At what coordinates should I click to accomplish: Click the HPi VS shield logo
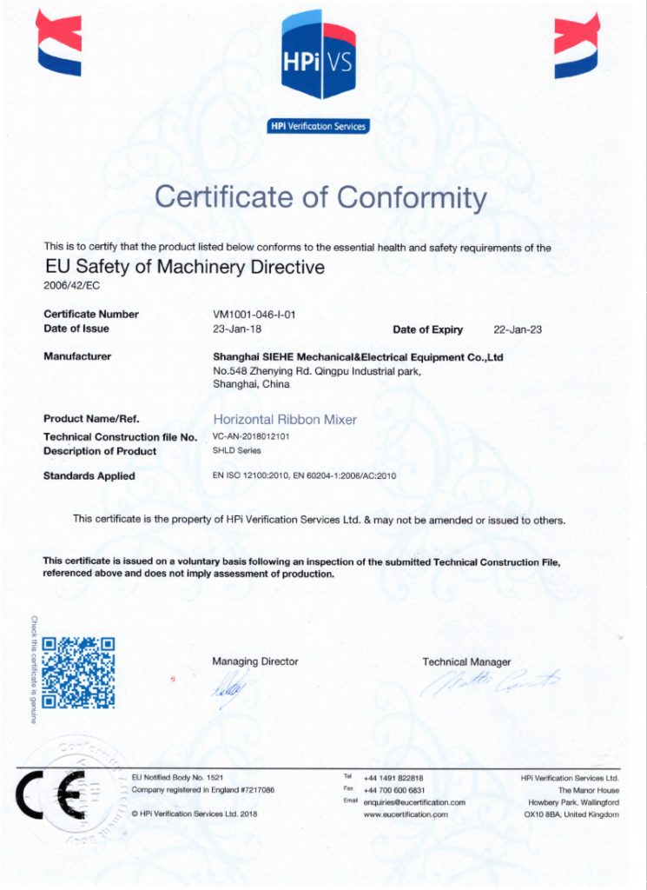(x=319, y=54)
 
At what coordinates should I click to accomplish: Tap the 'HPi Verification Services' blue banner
(x=319, y=127)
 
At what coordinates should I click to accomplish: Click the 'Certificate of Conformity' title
(x=320, y=197)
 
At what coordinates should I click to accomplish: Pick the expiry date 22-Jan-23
(x=518, y=329)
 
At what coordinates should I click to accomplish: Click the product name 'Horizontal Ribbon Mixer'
(x=285, y=419)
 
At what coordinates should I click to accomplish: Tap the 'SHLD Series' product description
(x=236, y=451)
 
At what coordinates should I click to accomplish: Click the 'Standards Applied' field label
(x=89, y=476)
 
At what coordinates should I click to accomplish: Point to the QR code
(x=78, y=673)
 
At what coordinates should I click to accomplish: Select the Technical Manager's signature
(x=492, y=683)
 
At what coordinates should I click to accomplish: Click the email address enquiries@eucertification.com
(x=414, y=802)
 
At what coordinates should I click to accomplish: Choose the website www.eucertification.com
(x=406, y=814)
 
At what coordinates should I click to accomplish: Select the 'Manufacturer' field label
(x=77, y=356)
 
